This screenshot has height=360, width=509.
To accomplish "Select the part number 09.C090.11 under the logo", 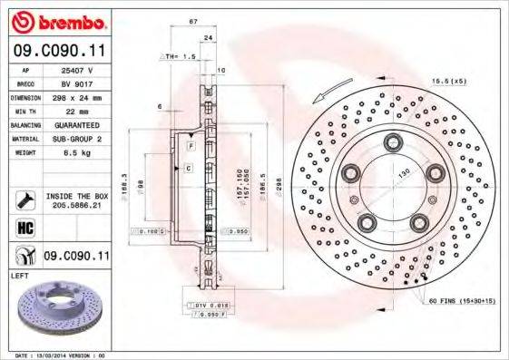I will pyautogui.click(x=60, y=52).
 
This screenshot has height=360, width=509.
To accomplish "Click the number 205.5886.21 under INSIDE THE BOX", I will pyautogui.click(x=77, y=204).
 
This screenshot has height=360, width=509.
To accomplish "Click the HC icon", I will pyautogui.click(x=26, y=227).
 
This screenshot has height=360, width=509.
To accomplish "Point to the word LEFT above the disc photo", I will pyautogui.click(x=20, y=274).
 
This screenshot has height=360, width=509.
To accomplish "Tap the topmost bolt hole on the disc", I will pyautogui.click(x=393, y=141).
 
